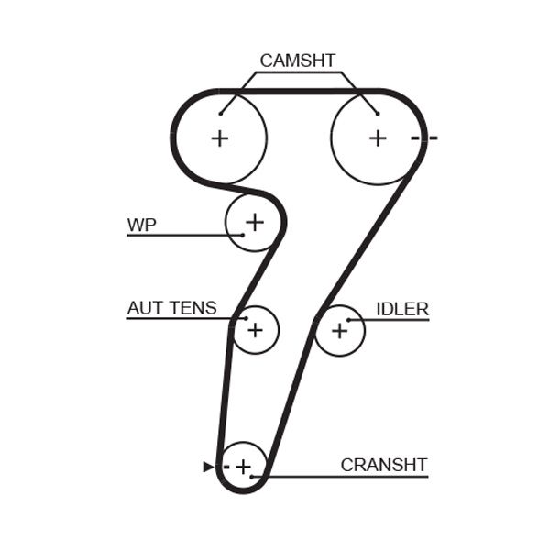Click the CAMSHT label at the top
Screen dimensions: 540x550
[x=299, y=61]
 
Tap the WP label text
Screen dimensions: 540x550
[x=141, y=225]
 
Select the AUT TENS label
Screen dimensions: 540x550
[x=171, y=308]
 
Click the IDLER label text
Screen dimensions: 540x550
[x=401, y=309]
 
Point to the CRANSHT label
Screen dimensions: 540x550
[x=383, y=465]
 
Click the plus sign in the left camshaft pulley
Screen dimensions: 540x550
[x=219, y=138]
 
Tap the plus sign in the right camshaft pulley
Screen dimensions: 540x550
[x=378, y=138]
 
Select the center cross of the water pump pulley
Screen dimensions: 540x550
[x=254, y=221]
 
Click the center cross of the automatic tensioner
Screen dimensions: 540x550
[x=255, y=329]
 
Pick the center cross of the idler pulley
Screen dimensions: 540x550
[x=339, y=330]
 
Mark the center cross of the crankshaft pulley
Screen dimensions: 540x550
[x=243, y=468]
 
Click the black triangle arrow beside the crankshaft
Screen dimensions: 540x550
[x=207, y=468]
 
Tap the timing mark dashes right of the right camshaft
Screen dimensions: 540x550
[x=424, y=138]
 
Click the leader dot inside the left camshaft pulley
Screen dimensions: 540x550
[x=221, y=114]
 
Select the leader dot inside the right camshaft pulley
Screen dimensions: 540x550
[x=377, y=114]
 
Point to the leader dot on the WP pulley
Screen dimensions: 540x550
[x=242, y=236]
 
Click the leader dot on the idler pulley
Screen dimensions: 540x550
[x=349, y=319]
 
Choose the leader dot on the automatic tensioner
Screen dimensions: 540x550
[x=246, y=318]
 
